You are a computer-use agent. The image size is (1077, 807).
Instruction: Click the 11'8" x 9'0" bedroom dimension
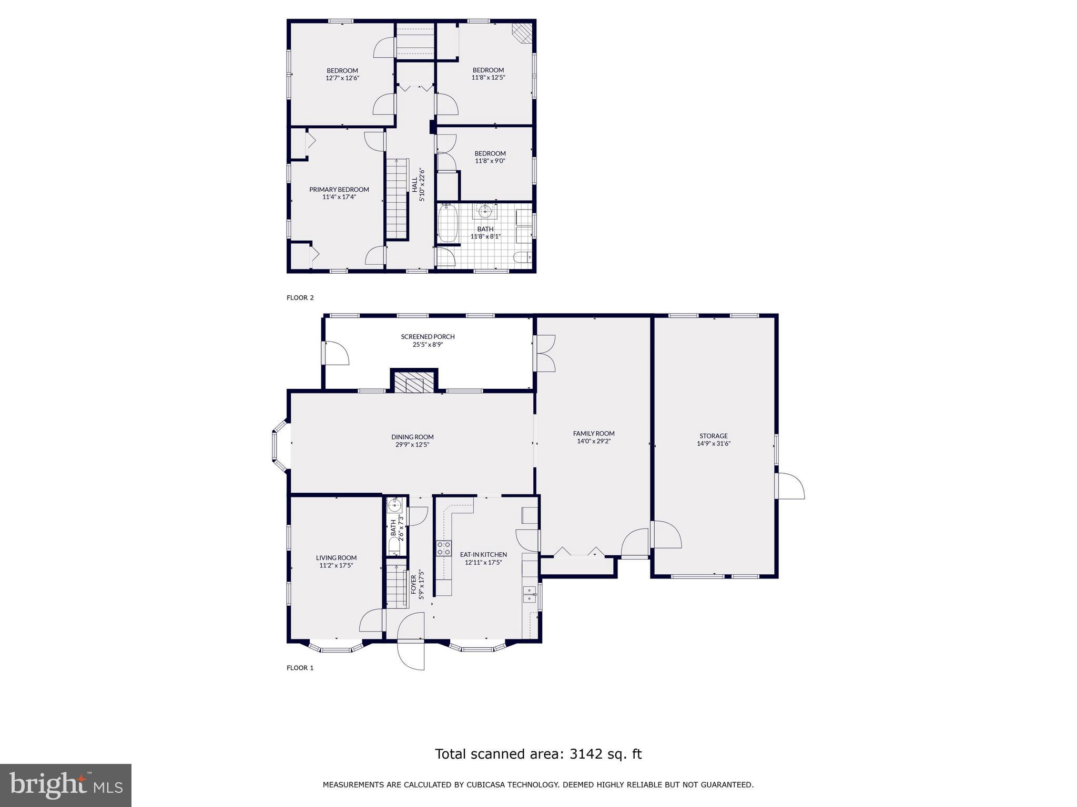(x=490, y=161)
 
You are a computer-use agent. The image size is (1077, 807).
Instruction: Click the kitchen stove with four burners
(x=444, y=548)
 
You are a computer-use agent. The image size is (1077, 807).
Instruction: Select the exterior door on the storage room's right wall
(x=790, y=486)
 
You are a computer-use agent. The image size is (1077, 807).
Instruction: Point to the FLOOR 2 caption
(x=300, y=297)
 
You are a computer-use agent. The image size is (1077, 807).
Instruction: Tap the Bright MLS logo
(x=66, y=785)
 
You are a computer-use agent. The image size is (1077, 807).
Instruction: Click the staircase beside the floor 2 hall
(x=397, y=199)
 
